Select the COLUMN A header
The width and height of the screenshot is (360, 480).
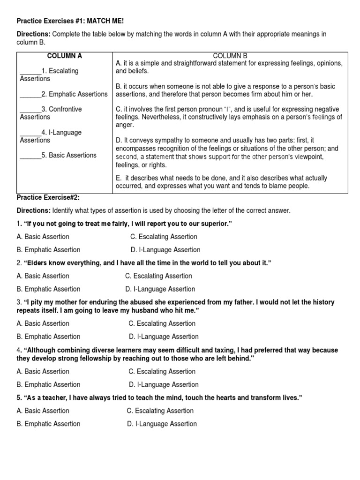click(64, 56)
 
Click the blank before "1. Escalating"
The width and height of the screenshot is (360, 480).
click(30, 71)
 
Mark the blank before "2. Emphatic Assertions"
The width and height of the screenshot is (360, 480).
click(30, 94)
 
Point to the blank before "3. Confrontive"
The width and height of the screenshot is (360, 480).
click(30, 109)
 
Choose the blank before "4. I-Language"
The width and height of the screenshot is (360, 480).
click(30, 133)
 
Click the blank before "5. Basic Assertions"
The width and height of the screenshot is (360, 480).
click(30, 155)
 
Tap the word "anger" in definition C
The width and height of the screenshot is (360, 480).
click(125, 125)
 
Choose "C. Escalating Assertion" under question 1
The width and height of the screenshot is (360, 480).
click(164, 237)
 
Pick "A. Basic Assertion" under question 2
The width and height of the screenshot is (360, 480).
click(43, 276)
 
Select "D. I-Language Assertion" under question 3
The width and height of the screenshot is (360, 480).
click(164, 337)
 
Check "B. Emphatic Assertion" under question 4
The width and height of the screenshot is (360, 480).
click(48, 384)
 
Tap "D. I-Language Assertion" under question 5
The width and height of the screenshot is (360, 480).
click(162, 424)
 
